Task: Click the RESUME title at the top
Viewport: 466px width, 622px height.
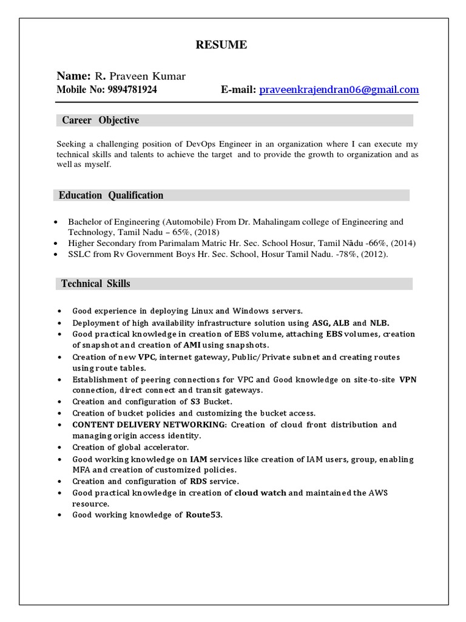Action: pyautogui.click(x=221, y=45)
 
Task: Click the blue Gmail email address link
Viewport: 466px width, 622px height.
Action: pyautogui.click(x=339, y=90)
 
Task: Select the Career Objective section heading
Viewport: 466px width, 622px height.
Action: pyautogui.click(x=100, y=120)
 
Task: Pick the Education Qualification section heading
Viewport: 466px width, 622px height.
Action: pyautogui.click(x=111, y=196)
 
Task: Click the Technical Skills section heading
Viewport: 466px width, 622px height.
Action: pyautogui.click(x=96, y=284)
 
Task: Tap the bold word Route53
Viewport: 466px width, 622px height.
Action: pyautogui.click(x=204, y=515)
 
